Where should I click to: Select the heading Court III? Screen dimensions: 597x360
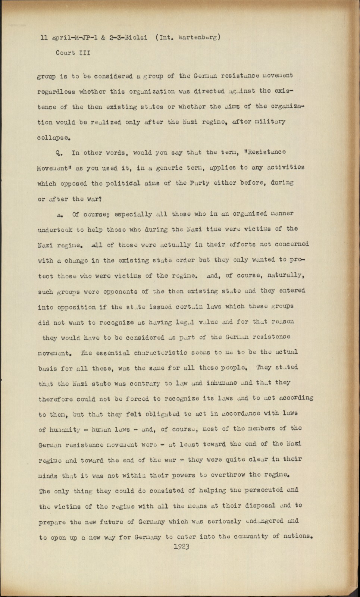pyautogui.click(x=73, y=53)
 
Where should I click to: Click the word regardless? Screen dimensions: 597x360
pyautogui.click(x=56, y=92)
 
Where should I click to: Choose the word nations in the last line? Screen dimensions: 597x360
pyautogui.click(x=297, y=537)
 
